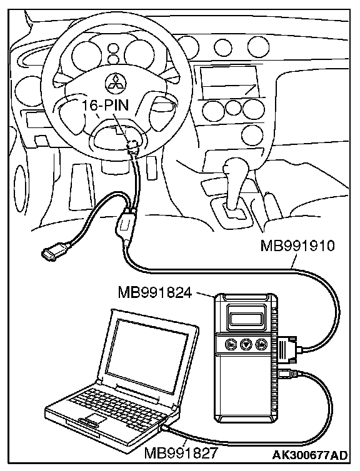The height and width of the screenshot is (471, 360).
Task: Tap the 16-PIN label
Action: pyautogui.click(x=105, y=105)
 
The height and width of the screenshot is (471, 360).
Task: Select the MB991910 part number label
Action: pyautogui.click(x=297, y=246)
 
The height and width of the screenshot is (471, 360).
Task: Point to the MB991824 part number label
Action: pyautogui.click(x=155, y=292)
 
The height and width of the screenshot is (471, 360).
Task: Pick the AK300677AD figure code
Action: pyautogui.click(x=310, y=455)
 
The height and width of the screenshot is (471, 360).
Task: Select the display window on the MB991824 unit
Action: pyautogui.click(x=246, y=317)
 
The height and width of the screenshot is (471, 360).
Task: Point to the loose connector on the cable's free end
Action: pyautogui.click(x=55, y=251)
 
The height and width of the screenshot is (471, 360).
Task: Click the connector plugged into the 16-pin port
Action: pyautogui.click(x=133, y=147)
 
